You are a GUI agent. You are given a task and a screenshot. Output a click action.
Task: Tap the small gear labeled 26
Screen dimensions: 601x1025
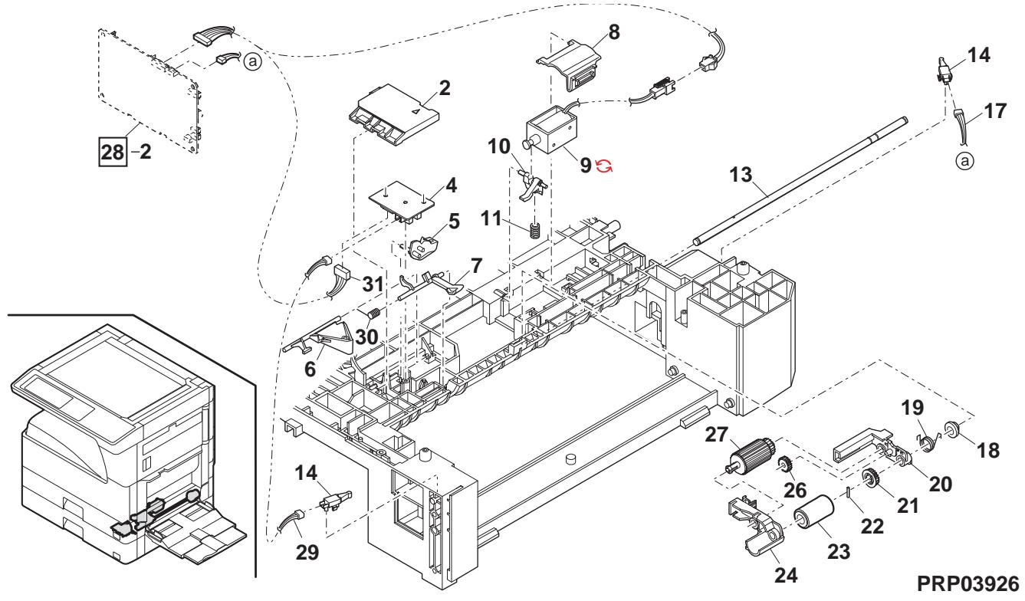coord(784,465)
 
